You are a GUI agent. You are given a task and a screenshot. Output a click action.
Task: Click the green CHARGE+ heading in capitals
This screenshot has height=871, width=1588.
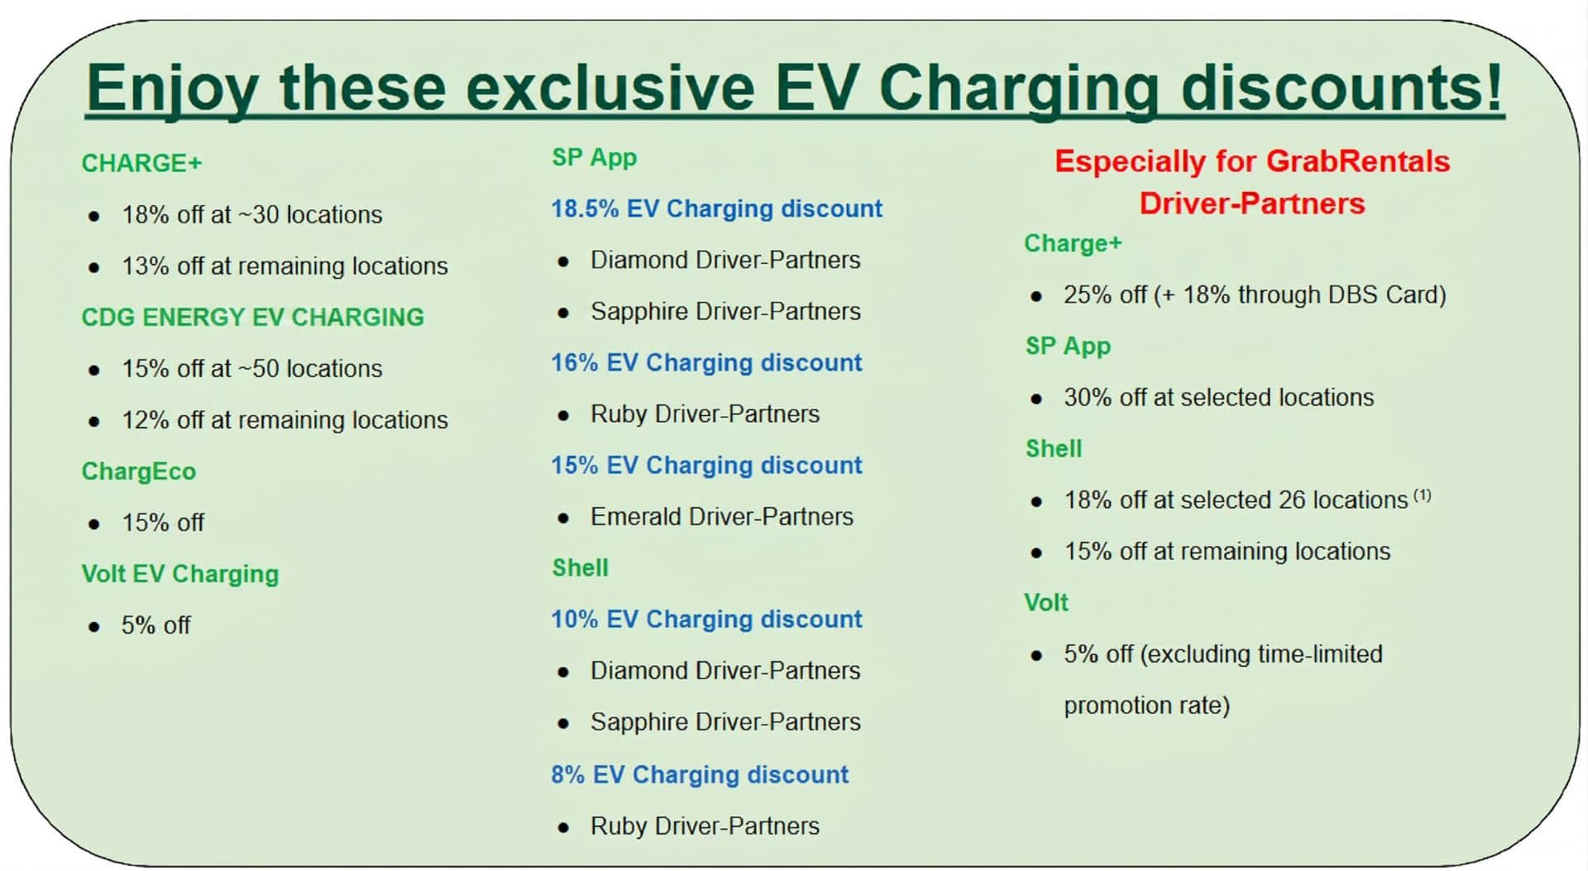(141, 163)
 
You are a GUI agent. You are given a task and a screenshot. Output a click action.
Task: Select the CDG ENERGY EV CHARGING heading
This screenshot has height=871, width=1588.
(252, 317)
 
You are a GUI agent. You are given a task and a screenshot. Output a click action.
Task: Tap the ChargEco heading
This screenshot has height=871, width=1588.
(138, 471)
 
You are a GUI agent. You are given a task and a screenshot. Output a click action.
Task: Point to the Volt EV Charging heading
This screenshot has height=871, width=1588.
(180, 574)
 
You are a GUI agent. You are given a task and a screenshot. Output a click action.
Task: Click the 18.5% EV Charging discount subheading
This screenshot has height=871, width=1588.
(717, 208)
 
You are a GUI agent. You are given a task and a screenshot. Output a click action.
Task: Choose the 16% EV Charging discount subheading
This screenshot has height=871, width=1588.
(706, 362)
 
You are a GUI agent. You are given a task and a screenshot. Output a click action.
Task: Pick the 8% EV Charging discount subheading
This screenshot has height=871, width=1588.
(700, 774)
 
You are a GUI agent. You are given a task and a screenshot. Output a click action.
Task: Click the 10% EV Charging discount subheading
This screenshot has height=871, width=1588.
(706, 619)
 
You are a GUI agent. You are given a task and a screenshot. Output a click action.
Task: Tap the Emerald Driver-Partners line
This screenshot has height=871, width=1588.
(722, 516)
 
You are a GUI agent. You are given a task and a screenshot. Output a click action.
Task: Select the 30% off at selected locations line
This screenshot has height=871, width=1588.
(1219, 397)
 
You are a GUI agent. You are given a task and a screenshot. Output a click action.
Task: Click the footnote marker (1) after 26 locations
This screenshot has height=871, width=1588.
(1422, 495)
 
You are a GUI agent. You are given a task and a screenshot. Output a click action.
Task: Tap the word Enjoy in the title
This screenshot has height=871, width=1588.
(172, 88)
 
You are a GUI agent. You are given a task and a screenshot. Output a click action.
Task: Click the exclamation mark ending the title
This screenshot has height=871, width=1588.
(1493, 85)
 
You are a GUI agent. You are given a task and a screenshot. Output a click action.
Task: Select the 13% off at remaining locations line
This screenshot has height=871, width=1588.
(285, 266)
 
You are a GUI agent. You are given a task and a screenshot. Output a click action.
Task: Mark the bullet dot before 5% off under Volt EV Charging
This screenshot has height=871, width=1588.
(94, 627)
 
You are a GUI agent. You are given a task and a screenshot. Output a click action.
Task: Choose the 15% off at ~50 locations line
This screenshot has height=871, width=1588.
(252, 368)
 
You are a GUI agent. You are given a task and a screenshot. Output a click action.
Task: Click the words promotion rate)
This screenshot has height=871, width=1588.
(1147, 706)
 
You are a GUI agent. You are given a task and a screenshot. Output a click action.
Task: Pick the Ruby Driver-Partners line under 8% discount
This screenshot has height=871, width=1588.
(705, 826)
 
